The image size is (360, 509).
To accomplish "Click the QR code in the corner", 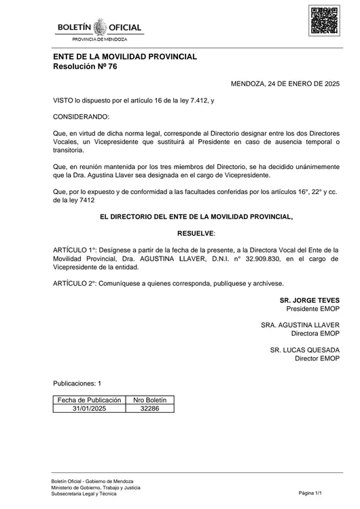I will (x=324, y=20).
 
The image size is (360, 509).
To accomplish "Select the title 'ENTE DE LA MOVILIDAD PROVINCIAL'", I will (x=125, y=56).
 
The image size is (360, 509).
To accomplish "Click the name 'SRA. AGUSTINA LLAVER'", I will (x=300, y=325).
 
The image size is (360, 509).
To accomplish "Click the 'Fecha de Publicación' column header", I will (x=89, y=400).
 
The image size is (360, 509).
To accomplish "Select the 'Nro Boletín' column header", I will (x=149, y=400).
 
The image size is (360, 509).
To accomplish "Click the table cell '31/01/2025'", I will (x=89, y=409).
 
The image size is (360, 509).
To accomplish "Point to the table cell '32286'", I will (x=149, y=409).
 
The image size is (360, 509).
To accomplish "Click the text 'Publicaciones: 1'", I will (x=77, y=383).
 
